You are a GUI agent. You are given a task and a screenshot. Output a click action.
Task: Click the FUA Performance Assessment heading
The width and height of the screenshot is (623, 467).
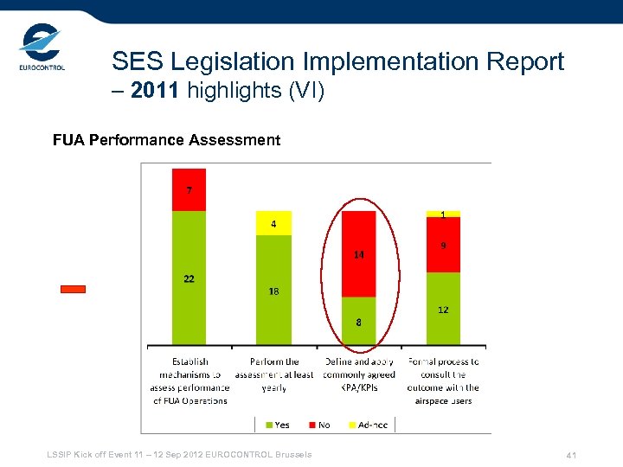click(x=166, y=140)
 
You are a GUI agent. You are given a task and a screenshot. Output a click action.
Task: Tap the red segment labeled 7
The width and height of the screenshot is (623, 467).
click(x=189, y=189)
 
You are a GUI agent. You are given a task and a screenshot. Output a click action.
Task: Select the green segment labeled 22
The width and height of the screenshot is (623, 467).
click(x=189, y=278)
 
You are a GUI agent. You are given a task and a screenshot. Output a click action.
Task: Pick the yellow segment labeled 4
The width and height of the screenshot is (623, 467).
click(x=273, y=223)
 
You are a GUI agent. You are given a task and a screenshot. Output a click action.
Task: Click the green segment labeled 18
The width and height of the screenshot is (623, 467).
click(x=273, y=290)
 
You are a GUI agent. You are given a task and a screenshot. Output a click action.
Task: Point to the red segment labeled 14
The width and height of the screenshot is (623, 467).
click(x=359, y=253)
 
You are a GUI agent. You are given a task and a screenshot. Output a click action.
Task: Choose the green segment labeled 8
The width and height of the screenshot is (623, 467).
click(x=359, y=321)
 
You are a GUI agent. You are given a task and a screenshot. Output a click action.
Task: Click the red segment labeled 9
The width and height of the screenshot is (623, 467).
click(x=443, y=245)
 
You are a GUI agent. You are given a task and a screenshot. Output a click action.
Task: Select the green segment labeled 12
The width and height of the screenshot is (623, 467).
click(x=443, y=309)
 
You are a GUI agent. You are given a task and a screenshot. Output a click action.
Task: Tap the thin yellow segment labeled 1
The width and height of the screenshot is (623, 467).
click(x=443, y=214)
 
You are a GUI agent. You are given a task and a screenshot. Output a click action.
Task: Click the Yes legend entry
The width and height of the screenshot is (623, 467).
click(x=276, y=424)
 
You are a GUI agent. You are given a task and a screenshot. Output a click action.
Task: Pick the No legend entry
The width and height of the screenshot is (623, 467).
click(x=319, y=424)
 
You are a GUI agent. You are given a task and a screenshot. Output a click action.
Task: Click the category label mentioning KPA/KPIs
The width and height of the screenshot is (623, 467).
click(x=358, y=374)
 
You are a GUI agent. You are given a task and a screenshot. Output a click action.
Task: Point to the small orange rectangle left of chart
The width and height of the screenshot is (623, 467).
click(x=73, y=290)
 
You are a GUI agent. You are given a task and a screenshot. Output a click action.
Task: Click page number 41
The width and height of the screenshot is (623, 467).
click(x=571, y=455)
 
